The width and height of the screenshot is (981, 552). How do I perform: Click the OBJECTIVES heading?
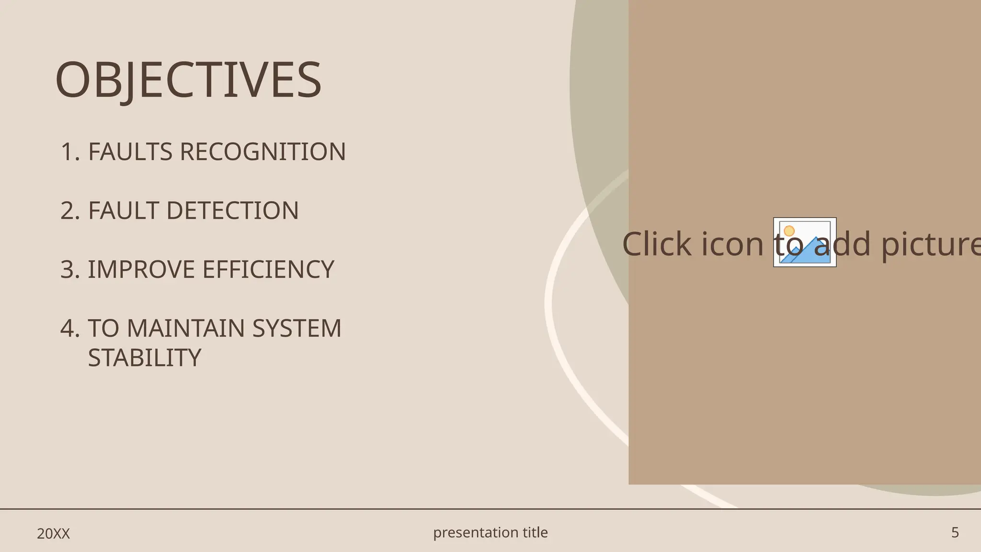pos(188,80)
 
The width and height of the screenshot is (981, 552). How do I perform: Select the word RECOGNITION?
pos(262,152)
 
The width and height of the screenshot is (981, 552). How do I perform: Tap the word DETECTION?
pos(232,211)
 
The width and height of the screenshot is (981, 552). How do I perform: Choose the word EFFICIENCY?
pos(268,269)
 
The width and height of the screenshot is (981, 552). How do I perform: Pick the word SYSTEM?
pos(297,328)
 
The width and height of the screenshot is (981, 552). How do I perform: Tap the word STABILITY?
pos(145,358)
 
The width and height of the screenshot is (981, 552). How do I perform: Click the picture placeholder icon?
pos(805,242)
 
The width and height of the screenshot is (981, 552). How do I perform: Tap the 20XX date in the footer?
pos(53,533)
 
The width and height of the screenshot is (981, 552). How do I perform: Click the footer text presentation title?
pos(490,532)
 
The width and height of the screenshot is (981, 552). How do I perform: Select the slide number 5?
pos(955,532)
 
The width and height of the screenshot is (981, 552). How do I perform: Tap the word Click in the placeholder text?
pos(657,244)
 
